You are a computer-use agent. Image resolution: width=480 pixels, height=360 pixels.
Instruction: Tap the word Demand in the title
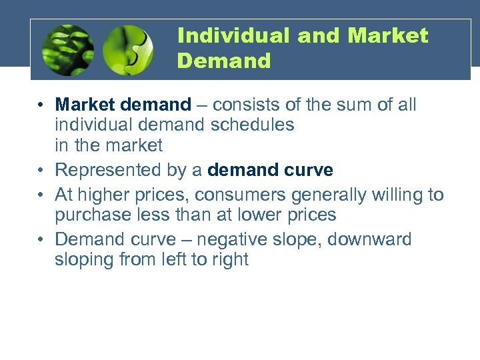[224, 61]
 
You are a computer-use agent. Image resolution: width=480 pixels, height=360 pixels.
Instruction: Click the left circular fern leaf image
[68, 50]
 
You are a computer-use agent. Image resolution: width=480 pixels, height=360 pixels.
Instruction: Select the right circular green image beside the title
[128, 50]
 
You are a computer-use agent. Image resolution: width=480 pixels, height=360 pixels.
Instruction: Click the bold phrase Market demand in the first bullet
[123, 105]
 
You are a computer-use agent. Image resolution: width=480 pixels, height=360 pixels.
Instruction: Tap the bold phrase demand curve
[270, 170]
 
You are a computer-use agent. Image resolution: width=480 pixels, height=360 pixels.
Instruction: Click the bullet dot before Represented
[41, 171]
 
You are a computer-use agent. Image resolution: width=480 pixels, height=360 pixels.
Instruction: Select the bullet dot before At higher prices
[41, 195]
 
